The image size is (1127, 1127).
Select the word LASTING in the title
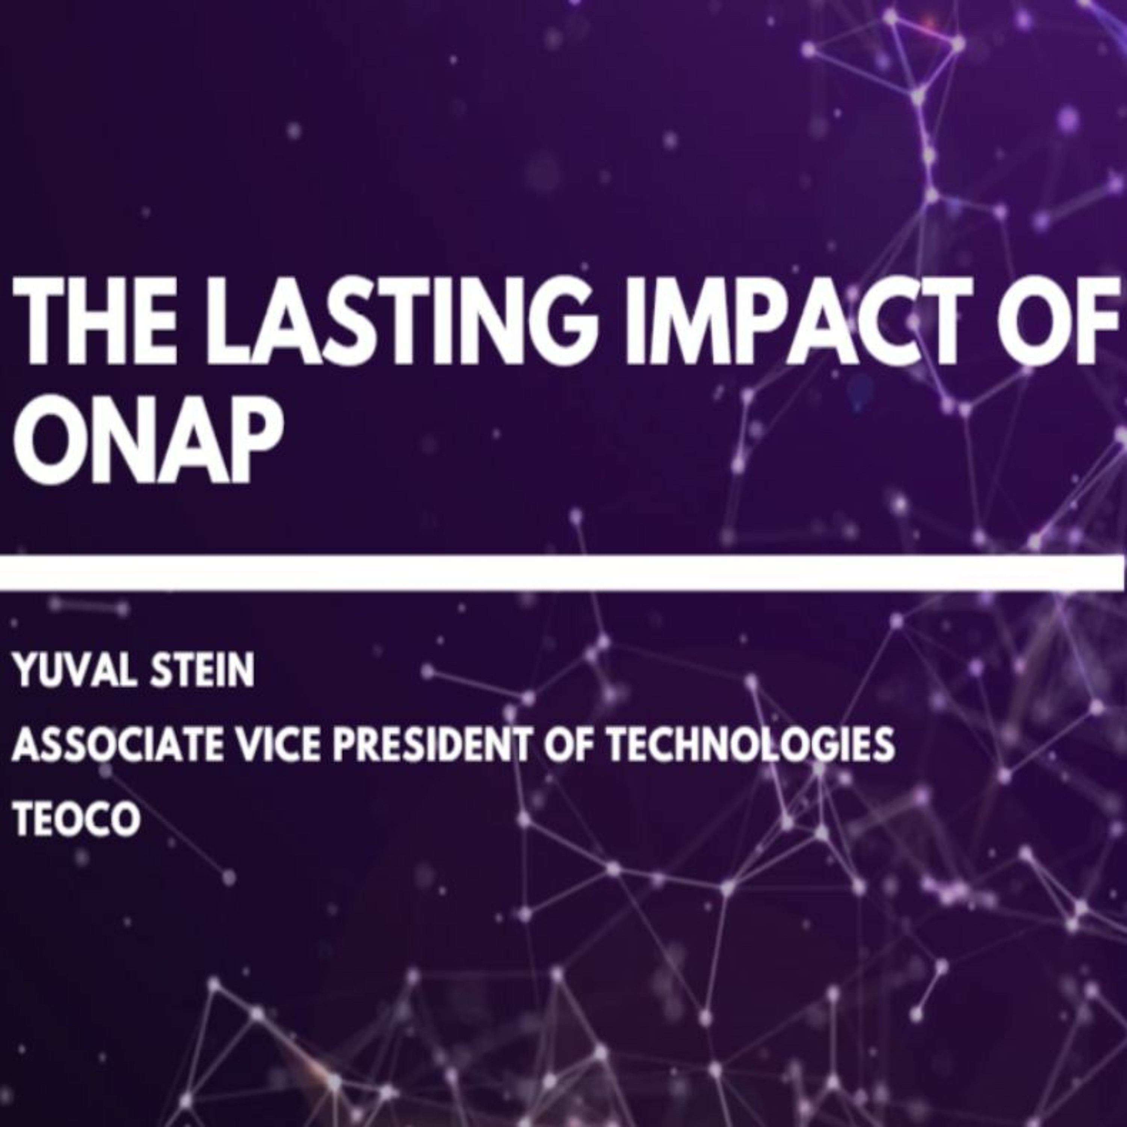click(x=406, y=320)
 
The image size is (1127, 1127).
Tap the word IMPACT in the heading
click(x=797, y=320)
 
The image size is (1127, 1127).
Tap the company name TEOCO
click(x=76, y=819)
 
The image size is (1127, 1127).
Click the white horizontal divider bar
click(x=562, y=573)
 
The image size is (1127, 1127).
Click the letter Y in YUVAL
click(x=27, y=671)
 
